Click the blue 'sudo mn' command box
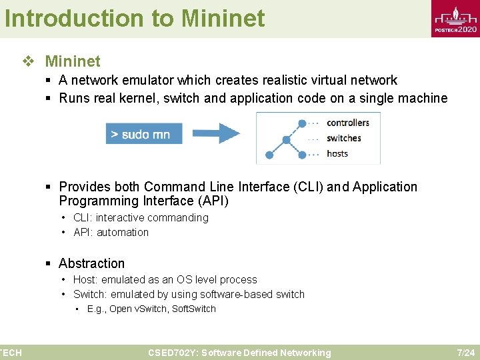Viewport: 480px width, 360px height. tap(140, 134)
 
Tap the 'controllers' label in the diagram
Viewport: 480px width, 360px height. tap(348, 123)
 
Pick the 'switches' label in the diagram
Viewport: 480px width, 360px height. tap(344, 138)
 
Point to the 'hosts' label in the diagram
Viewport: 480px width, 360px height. tap(337, 153)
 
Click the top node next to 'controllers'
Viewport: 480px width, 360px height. tap(302, 123)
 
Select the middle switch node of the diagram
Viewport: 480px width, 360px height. tap(287, 139)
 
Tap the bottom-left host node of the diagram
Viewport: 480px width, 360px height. tap(269, 155)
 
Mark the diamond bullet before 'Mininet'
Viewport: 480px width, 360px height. tap(28, 61)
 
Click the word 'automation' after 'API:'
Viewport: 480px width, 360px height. tap(123, 232)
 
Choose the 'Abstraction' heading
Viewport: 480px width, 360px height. tap(91, 263)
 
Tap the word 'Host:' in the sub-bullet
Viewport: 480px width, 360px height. tap(85, 279)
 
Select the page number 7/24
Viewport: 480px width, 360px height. tap(465, 353)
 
